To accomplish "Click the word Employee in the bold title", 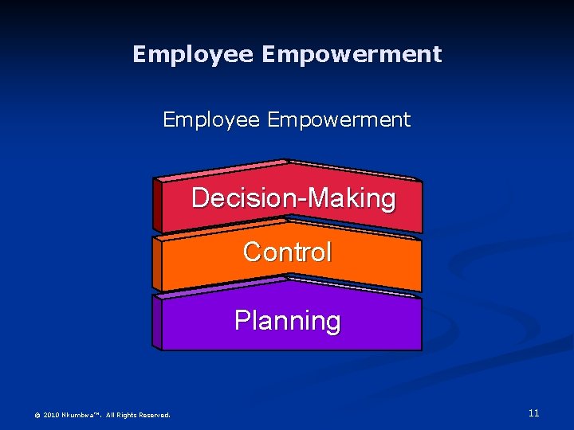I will point(193,54).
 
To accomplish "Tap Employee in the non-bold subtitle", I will point(211,120).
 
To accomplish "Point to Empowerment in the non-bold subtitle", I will point(339,120).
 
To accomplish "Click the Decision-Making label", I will point(293,197).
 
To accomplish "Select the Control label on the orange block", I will point(287,252).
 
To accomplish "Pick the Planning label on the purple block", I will point(287,320).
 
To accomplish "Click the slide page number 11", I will point(533,412).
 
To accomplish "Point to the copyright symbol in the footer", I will point(37,415).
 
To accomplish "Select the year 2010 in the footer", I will point(51,415).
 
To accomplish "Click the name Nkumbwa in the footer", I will point(81,415).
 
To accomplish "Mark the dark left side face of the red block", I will point(157,205).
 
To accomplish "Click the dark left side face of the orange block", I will point(157,265).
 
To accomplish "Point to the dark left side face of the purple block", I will point(157,323).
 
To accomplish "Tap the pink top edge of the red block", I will point(223,169).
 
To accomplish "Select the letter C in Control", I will point(252,252).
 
